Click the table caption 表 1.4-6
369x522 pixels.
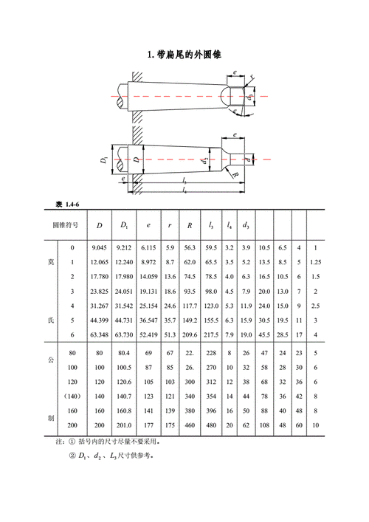coord(68,205)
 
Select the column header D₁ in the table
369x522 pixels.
coord(124,225)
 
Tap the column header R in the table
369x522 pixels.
coord(190,225)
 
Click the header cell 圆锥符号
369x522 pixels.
coord(66,225)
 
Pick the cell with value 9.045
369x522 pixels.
coord(99,247)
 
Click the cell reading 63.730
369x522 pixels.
coord(124,334)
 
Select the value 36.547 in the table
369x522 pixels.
coord(148,320)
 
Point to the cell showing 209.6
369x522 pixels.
coord(190,334)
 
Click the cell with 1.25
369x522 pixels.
coord(315,262)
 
